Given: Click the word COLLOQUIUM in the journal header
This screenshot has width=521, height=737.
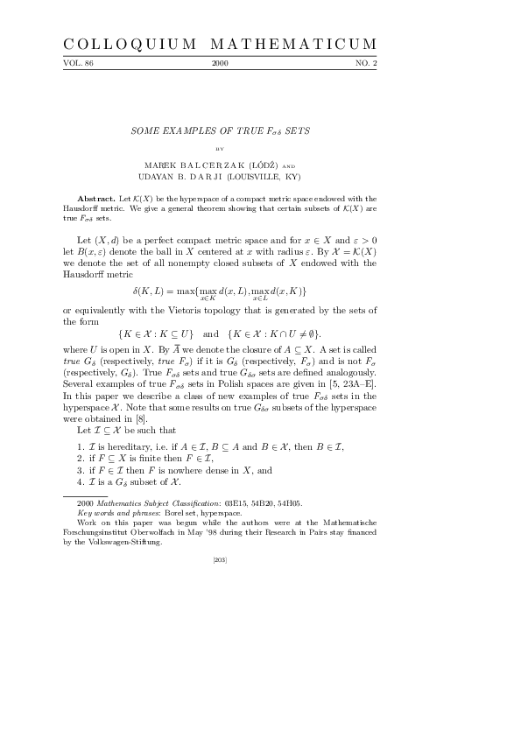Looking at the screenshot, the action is coord(128,45).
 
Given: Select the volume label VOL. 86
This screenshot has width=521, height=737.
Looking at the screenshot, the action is coord(78,64).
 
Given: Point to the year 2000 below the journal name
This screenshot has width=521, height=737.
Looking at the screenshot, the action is coord(220,64).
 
